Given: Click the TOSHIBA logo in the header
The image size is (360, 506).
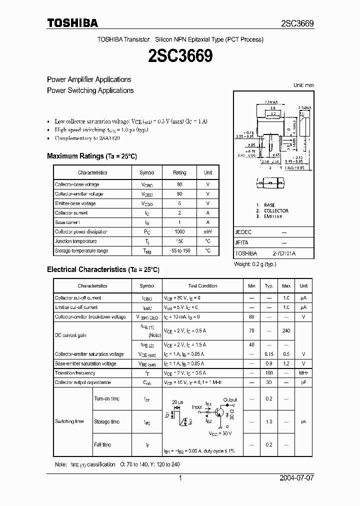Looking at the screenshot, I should (72, 22).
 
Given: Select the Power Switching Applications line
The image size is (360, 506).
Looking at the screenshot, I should (90, 90).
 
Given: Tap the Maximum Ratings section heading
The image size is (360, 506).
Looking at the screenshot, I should (91, 156).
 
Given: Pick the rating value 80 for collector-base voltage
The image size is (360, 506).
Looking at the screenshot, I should (179, 184).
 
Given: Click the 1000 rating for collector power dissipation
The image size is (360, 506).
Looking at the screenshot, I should (179, 231).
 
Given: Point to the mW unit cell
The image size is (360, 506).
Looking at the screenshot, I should (207, 231).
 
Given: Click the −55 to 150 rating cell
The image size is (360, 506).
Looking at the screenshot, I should (179, 250).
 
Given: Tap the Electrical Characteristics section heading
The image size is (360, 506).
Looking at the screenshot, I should (103, 269).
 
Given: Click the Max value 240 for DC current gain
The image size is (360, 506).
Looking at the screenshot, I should (286, 330).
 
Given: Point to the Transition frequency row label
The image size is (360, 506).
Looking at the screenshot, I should (75, 373).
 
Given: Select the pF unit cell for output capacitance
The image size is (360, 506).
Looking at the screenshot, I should (303, 382).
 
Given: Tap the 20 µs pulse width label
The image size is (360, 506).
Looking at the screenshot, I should (177, 402).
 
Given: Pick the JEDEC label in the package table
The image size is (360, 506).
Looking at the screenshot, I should (243, 232).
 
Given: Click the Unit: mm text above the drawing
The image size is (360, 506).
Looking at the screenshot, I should (303, 85).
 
